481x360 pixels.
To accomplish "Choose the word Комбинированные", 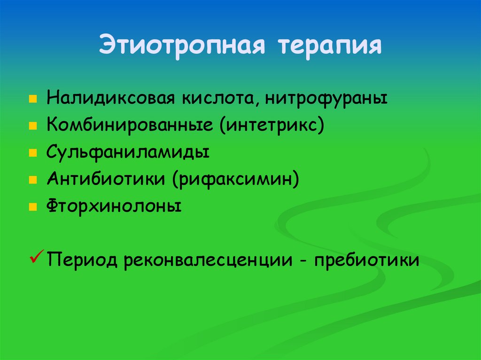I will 127,126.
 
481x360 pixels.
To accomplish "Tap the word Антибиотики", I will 108,180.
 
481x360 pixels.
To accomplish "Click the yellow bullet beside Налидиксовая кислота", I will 32,100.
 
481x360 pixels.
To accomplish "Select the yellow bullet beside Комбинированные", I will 32,127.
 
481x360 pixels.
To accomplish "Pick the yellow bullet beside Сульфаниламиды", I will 32,153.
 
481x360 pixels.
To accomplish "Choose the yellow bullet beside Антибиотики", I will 32,180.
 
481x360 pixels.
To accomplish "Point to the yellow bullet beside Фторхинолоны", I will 32,207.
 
